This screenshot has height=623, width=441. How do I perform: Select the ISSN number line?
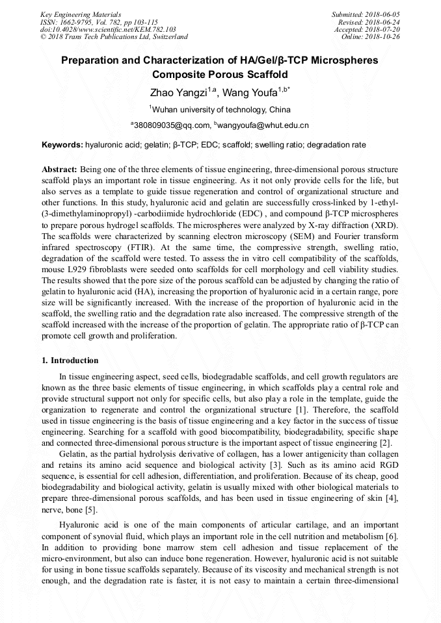click(x=99, y=21)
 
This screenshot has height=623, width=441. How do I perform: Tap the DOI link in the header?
click(x=108, y=29)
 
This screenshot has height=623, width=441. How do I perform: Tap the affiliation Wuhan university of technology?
click(x=221, y=109)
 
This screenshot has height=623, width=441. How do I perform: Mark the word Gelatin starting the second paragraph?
click(x=73, y=454)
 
